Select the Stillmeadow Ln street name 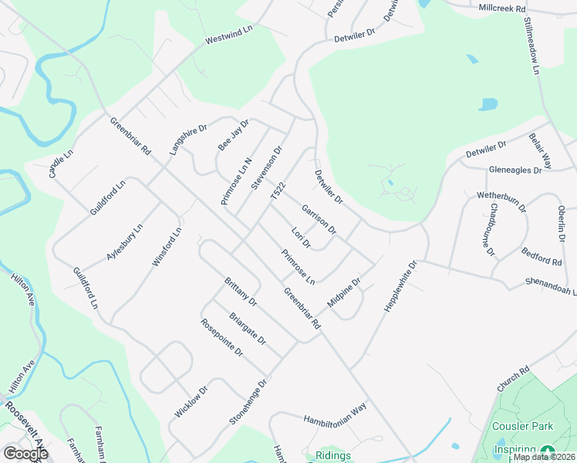tap(531, 47)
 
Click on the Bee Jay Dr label tap(234, 135)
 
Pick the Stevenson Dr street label tap(267, 167)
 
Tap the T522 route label tap(278, 193)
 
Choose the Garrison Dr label tap(319, 219)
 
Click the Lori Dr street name tap(301, 238)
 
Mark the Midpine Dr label tap(344, 292)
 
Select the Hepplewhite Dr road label tap(400, 286)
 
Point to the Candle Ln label tap(61, 164)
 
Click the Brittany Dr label tap(240, 291)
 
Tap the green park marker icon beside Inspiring tap(548, 451)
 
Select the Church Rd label tap(513, 379)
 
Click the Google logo tap(25, 454)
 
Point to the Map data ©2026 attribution tap(543, 457)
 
